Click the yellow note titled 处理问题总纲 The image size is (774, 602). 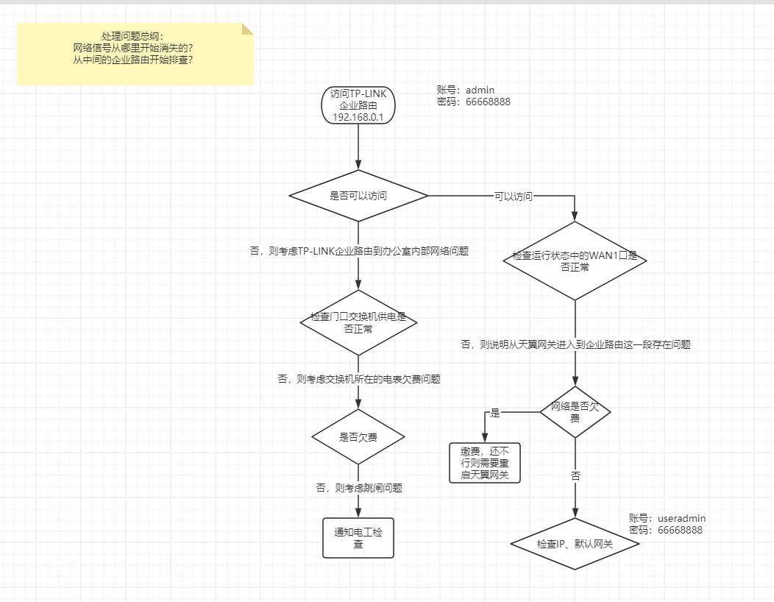click(x=135, y=53)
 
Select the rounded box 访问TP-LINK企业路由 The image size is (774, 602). click(x=358, y=105)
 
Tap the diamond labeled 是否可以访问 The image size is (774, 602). click(x=358, y=196)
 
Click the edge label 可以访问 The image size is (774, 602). click(x=513, y=196)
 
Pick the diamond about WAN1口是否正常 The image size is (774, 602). click(x=575, y=261)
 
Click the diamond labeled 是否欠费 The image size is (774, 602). click(x=358, y=437)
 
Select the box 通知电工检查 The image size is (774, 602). click(x=358, y=538)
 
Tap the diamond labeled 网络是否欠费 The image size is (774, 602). click(x=575, y=411)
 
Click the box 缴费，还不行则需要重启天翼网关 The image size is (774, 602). click(x=485, y=463)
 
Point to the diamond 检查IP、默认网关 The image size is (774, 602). click(x=575, y=545)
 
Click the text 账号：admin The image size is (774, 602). click(x=466, y=91)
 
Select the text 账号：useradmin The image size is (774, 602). click(x=667, y=518)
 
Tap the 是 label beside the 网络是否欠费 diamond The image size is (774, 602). click(x=495, y=413)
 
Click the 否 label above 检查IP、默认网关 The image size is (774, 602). click(x=575, y=476)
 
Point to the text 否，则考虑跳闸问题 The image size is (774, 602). click(x=358, y=487)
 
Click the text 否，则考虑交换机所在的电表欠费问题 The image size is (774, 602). click(x=358, y=379)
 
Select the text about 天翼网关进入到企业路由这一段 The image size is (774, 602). click(x=575, y=344)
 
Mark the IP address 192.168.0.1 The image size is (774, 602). click(x=358, y=117)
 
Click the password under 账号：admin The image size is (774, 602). click(x=474, y=102)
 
